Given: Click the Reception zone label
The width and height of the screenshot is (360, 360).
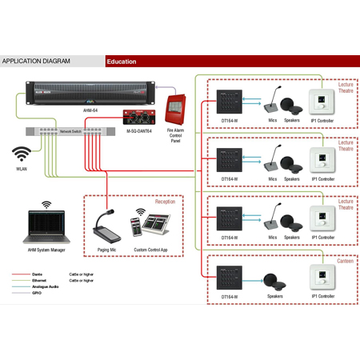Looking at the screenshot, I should tap(165, 202).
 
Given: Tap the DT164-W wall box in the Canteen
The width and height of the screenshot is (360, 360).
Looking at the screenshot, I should tap(230, 278).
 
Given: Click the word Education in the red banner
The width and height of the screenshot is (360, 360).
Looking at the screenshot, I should tap(122, 62).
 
